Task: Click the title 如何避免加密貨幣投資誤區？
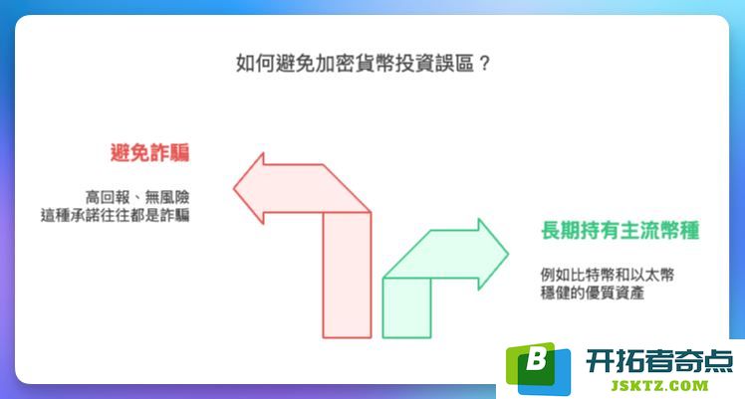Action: tap(363, 63)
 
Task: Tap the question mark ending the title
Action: tap(484, 63)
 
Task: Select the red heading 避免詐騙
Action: tap(149, 153)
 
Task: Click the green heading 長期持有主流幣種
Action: tap(621, 231)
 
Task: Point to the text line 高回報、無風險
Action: tap(137, 197)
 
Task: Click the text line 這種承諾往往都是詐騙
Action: tap(115, 215)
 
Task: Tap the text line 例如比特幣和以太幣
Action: tap(608, 275)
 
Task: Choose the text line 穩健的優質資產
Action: tap(592, 293)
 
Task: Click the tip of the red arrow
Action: tap(233, 188)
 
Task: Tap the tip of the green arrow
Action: tap(508, 255)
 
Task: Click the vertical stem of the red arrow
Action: tap(347, 276)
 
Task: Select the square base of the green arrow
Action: tap(406, 307)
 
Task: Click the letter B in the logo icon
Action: tap(536, 359)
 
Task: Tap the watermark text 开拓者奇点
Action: tap(659, 361)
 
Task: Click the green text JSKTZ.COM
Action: tap(659, 385)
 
